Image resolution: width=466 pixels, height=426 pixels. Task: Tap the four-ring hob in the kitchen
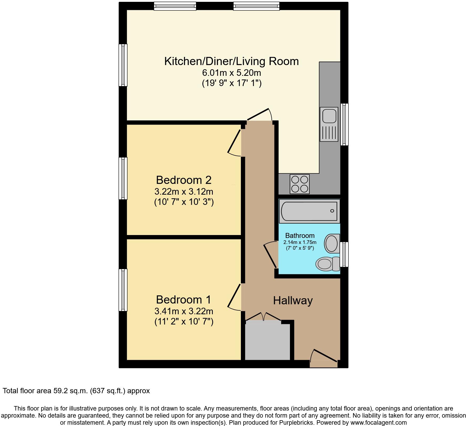pos(299,184)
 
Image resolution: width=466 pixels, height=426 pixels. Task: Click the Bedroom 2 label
pos(184,180)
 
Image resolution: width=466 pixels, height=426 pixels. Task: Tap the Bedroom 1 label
pos(184,300)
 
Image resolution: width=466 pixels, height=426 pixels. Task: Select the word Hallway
pos(293,301)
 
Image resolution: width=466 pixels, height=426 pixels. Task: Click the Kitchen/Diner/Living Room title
pos(231,61)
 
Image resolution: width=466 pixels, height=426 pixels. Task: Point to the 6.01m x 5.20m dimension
pos(231,72)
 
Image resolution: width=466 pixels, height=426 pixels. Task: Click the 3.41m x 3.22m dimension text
pos(184,311)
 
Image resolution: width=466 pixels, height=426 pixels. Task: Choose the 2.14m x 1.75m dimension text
pos(300,242)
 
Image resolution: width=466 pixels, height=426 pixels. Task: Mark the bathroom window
pos(344,254)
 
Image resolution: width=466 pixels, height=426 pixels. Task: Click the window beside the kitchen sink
pos(345,124)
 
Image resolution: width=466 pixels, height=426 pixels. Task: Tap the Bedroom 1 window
pos(123,290)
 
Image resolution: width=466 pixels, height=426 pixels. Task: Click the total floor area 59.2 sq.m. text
pos(76,391)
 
